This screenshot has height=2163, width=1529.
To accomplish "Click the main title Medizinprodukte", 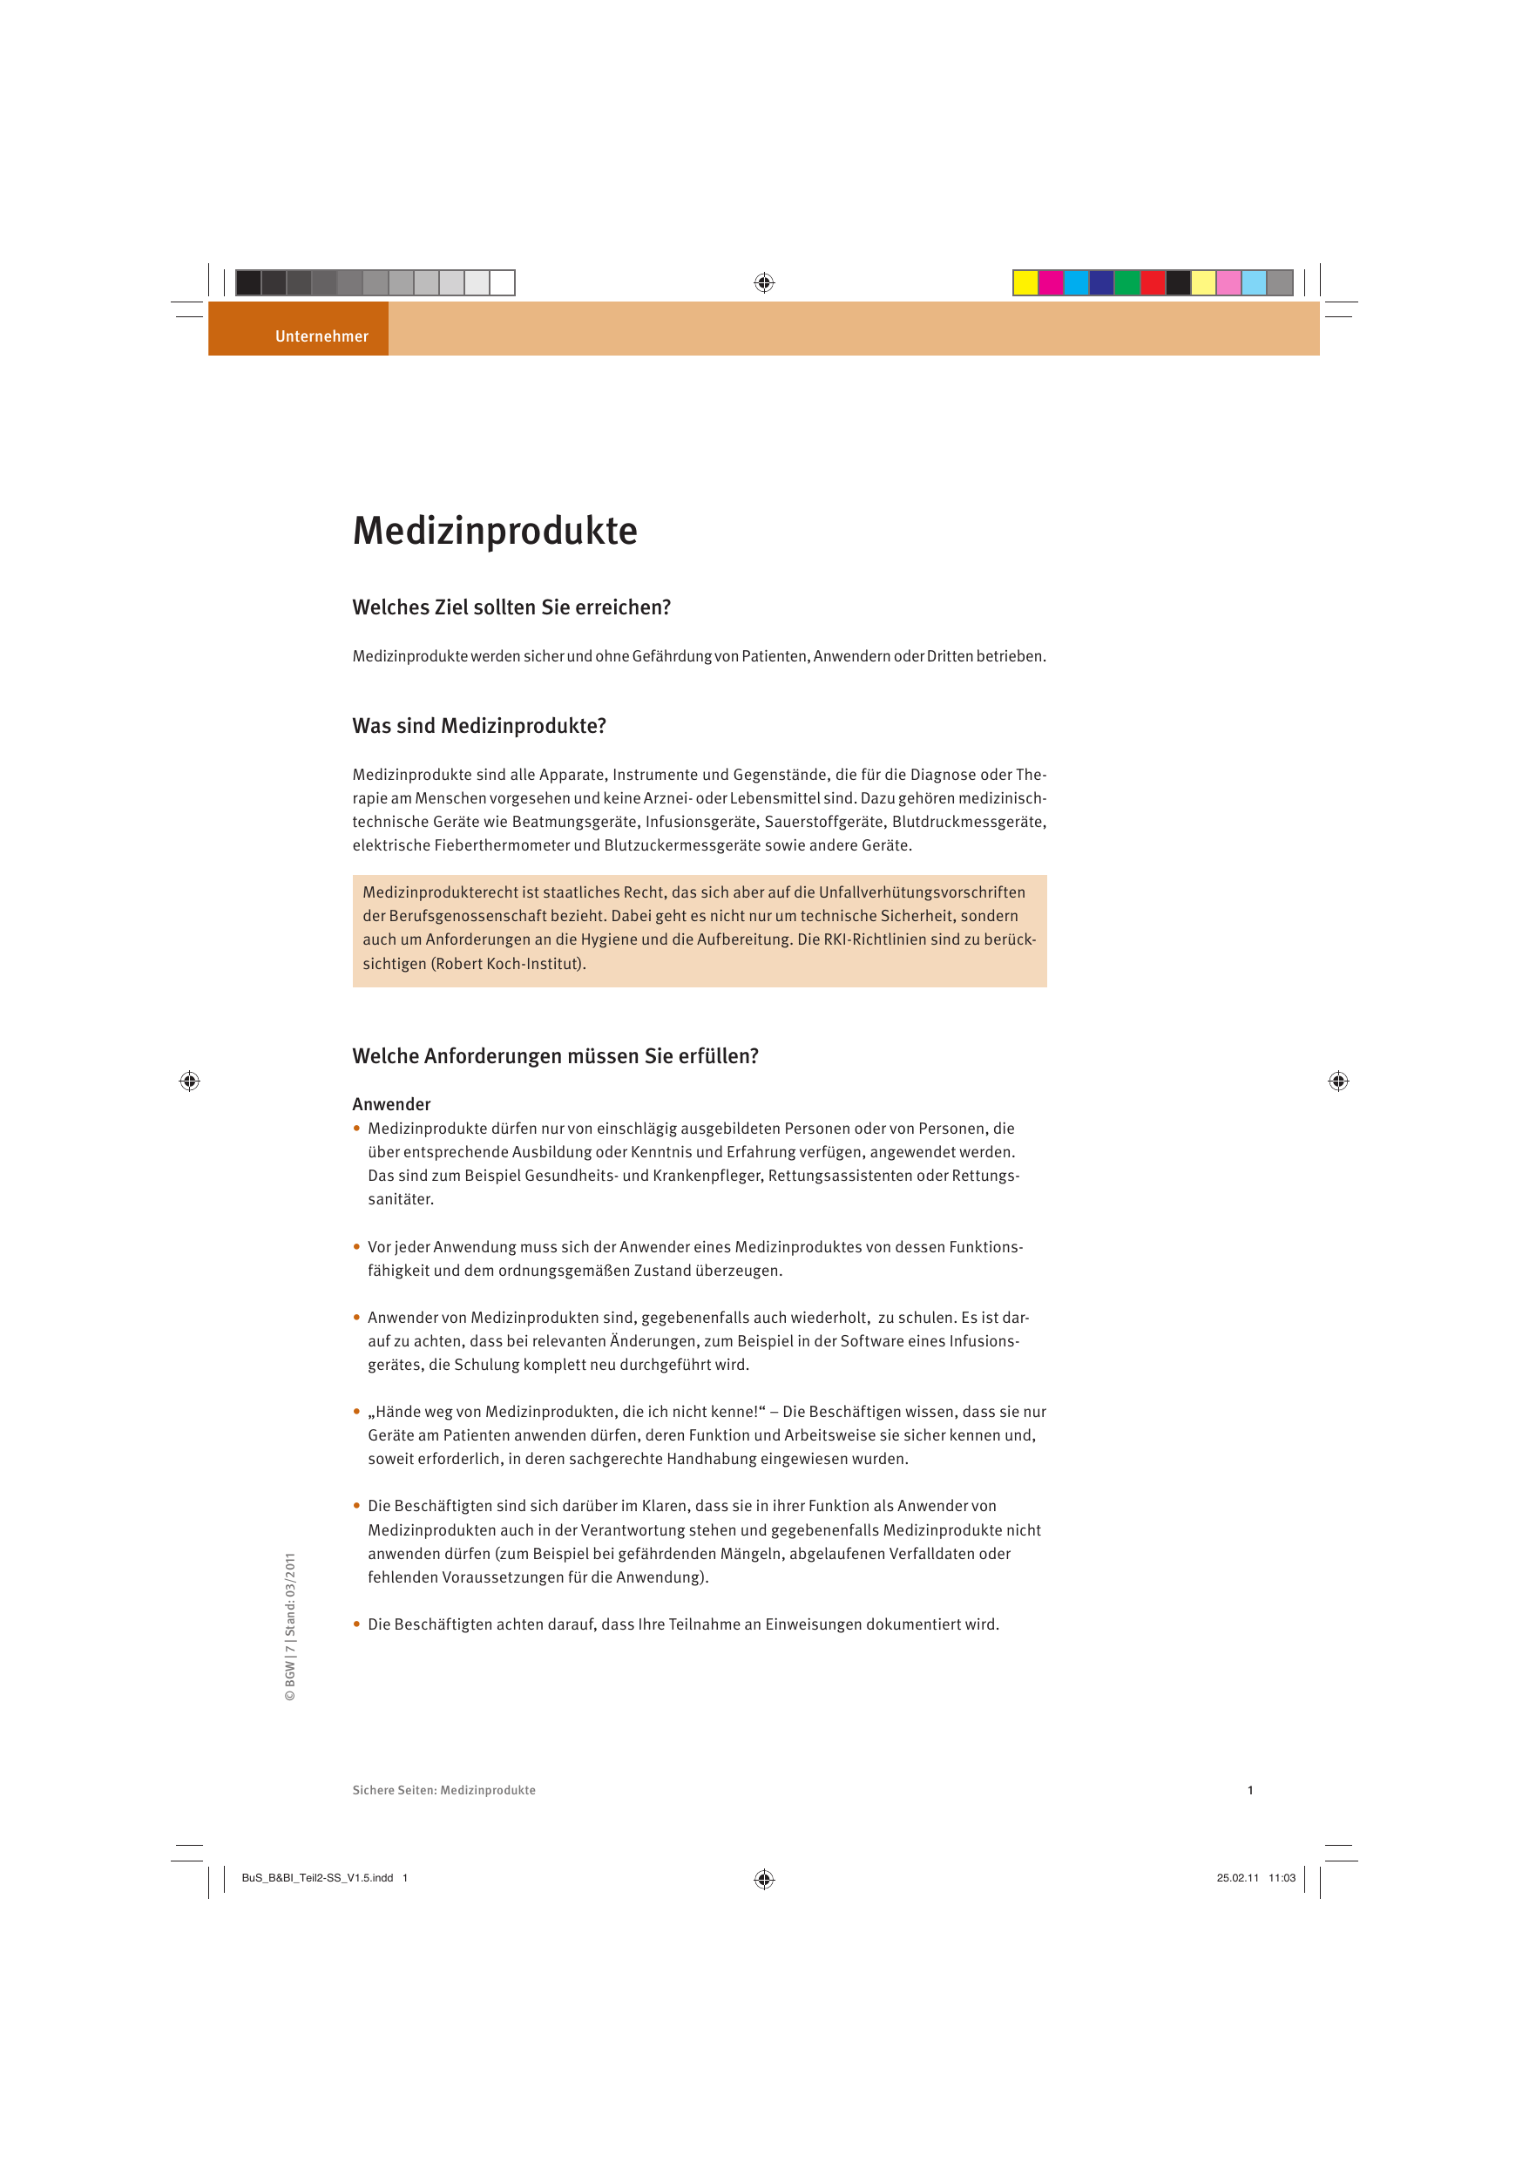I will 495,532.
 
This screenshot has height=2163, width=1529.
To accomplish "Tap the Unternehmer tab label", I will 321,336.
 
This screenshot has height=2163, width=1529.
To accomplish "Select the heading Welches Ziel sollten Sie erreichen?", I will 511,607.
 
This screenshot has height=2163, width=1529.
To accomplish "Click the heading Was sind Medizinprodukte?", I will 478,726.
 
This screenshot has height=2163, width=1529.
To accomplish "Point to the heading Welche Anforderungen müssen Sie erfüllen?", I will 555,1056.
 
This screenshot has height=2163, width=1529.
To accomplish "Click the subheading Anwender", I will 391,1104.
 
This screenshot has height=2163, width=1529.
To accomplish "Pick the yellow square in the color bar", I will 1025,282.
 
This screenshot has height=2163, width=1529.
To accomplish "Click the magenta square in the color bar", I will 1051,282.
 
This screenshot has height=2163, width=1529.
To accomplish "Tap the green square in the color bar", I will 1126,282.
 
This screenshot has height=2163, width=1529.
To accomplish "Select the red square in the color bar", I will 1152,282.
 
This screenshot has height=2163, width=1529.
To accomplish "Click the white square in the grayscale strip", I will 502,282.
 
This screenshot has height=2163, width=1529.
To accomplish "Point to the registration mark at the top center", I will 764,282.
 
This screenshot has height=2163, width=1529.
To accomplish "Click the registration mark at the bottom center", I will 764,1880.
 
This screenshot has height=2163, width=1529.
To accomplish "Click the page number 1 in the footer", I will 1250,1790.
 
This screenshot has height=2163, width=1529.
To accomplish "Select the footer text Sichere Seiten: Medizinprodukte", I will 443,1790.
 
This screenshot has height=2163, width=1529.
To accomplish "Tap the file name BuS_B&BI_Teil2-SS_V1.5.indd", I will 317,1877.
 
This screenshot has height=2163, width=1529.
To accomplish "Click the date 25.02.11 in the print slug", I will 1237,1877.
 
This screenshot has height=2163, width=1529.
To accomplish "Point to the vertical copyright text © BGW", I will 290,1627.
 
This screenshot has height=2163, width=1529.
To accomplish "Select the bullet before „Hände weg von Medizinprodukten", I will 357,1411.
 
